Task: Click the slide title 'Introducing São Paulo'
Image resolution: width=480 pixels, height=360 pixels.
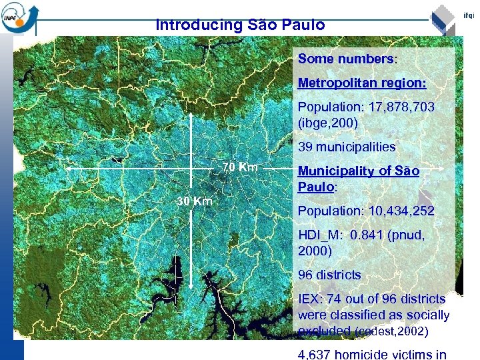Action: pyautogui.click(x=240, y=25)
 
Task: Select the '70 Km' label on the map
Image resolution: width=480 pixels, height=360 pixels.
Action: pyautogui.click(x=240, y=167)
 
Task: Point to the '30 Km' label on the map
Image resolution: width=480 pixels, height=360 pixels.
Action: pyautogui.click(x=194, y=201)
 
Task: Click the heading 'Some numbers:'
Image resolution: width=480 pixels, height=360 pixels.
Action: pyautogui.click(x=347, y=59)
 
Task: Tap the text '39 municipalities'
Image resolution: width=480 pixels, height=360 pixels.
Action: pyautogui.click(x=347, y=147)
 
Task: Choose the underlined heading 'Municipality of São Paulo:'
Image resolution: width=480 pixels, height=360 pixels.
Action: pyautogui.click(x=359, y=179)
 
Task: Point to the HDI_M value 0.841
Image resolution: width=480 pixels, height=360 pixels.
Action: pyautogui.click(x=374, y=235)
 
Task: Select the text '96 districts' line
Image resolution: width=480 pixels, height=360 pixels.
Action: pyautogui.click(x=329, y=275)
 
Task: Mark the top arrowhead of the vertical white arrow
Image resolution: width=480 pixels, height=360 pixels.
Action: pyautogui.click(x=192, y=115)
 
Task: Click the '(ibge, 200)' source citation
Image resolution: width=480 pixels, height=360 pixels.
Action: pyautogui.click(x=328, y=123)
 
